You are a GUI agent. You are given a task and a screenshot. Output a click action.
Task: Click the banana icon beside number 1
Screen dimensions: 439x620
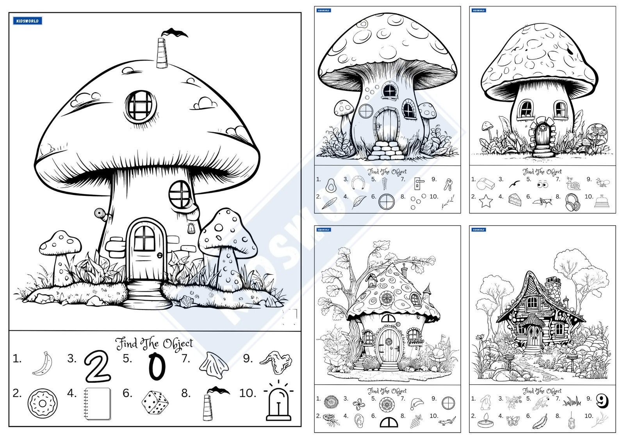(x=43, y=364)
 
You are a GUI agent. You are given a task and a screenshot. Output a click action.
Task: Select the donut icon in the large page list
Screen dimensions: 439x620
(x=43, y=403)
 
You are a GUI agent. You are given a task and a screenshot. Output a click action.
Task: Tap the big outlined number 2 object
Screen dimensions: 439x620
(x=97, y=367)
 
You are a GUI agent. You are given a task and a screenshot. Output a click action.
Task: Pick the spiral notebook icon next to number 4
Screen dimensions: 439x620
(x=97, y=403)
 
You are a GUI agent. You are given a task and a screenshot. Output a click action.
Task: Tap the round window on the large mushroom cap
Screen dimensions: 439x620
(x=140, y=106)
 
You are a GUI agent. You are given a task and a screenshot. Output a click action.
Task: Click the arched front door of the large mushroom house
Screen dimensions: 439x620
(x=145, y=250)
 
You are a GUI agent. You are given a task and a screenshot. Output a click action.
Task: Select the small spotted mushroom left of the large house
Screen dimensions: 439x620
(x=61, y=254)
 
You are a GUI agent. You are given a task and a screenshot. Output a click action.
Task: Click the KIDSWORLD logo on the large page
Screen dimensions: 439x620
(x=27, y=21)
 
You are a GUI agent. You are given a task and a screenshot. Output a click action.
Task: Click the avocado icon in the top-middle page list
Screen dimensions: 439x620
(x=331, y=185)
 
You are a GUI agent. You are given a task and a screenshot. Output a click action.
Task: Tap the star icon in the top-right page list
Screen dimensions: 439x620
(x=486, y=201)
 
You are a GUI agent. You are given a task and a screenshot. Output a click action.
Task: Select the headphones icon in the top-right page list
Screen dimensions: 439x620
(x=572, y=202)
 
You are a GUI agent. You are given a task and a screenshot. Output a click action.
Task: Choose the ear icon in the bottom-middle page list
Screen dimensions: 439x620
(x=358, y=421)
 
